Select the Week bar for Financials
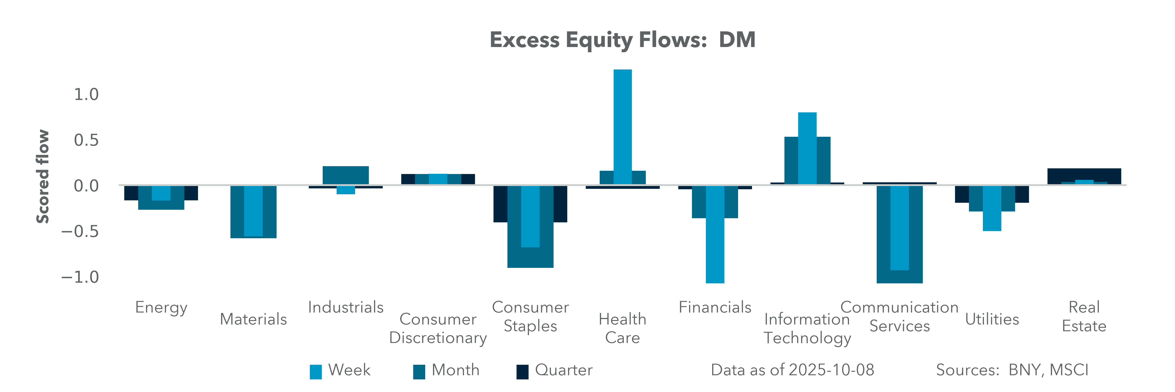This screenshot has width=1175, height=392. coord(715,237)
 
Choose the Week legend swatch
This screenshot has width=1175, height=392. coord(316,372)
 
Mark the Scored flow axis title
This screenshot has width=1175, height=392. coord(42,177)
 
